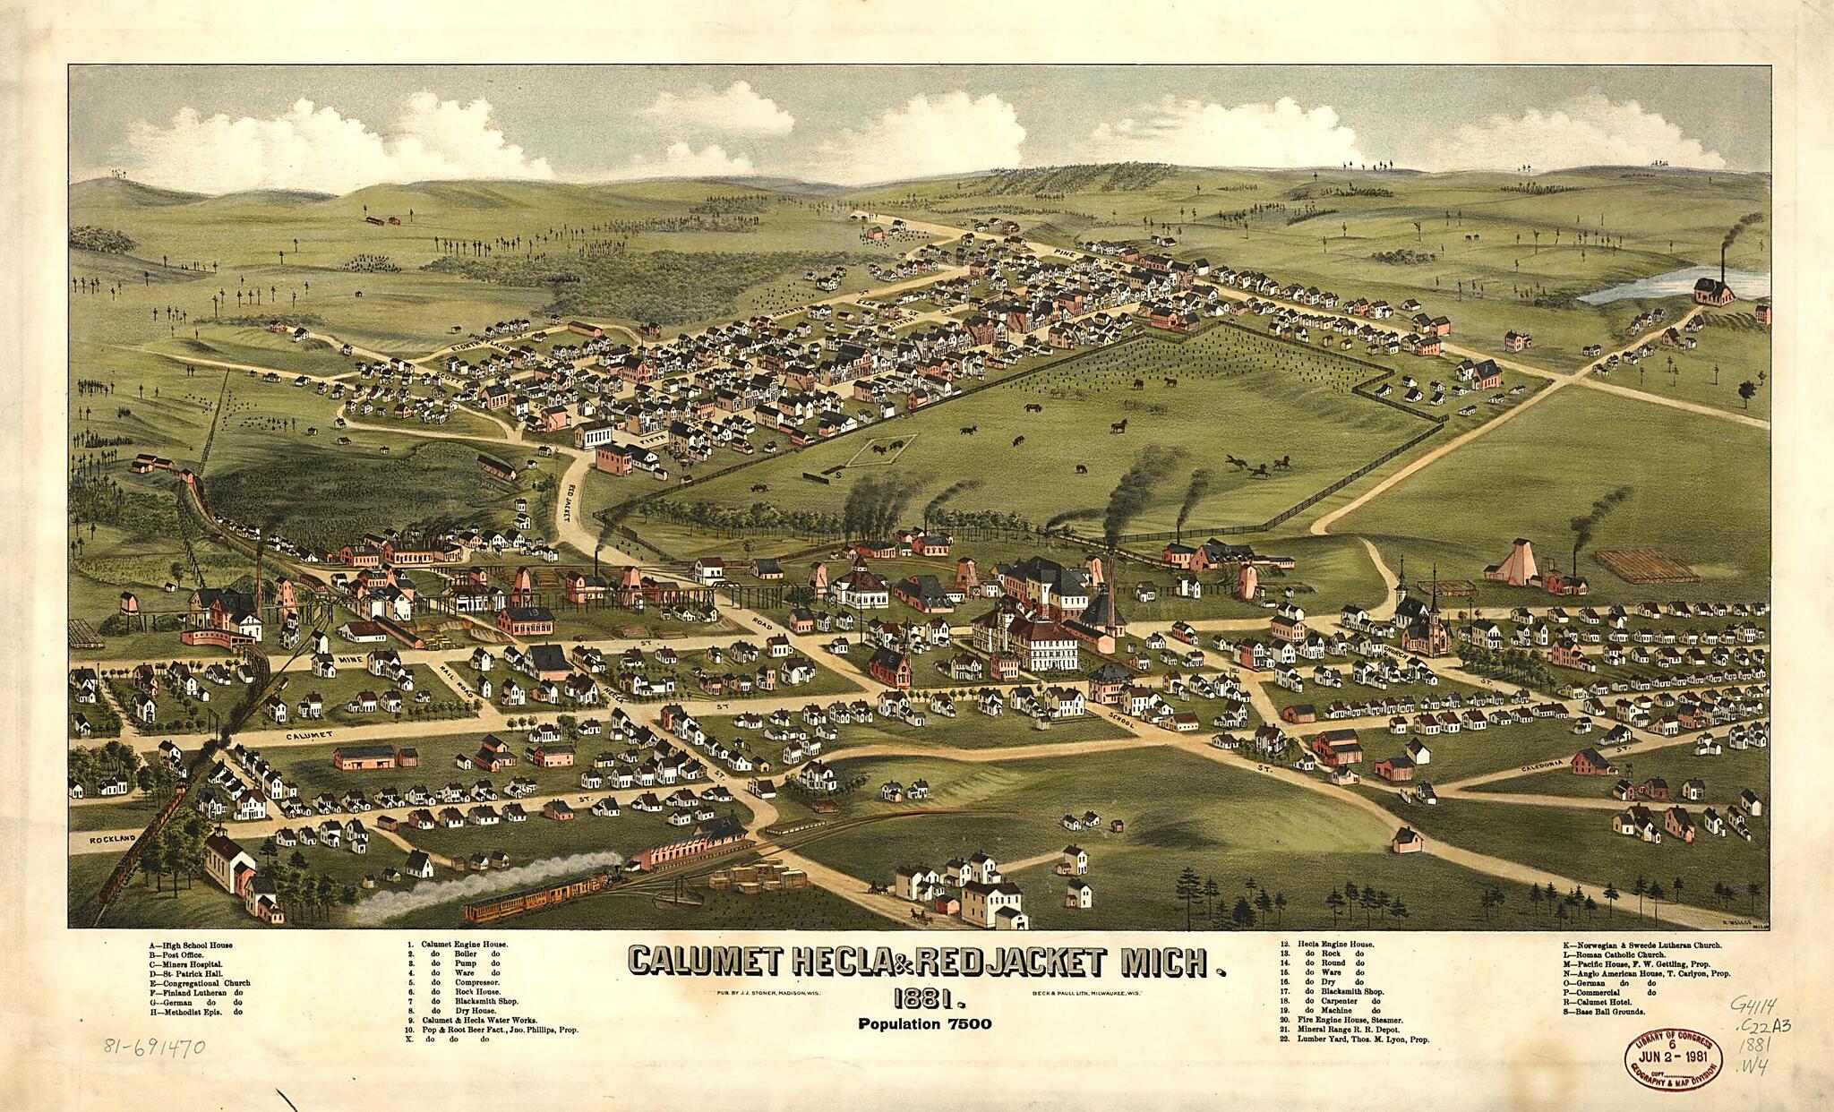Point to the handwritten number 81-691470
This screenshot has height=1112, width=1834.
tap(155, 1047)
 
